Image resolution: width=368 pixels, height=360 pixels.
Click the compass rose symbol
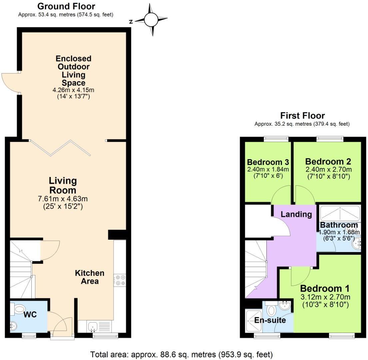151,20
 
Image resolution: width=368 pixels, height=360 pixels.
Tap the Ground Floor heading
66,6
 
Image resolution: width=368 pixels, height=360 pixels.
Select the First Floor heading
302,116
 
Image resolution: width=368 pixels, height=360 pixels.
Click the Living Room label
63,185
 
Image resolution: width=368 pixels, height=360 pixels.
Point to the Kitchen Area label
89,277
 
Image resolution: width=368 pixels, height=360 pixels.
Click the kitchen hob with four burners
120,280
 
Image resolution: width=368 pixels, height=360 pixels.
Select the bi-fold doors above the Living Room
60,148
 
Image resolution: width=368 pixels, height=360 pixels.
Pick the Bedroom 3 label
268,162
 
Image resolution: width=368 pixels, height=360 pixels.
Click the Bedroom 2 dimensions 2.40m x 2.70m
328,170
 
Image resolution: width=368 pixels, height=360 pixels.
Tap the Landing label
296,214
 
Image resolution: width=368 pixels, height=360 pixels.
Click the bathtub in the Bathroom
340,213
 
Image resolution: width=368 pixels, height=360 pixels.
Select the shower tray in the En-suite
253,321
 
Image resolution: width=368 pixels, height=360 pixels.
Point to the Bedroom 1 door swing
300,276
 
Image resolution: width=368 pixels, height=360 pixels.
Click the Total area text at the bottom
182,354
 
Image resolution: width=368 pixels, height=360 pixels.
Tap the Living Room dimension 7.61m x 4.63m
63,199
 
